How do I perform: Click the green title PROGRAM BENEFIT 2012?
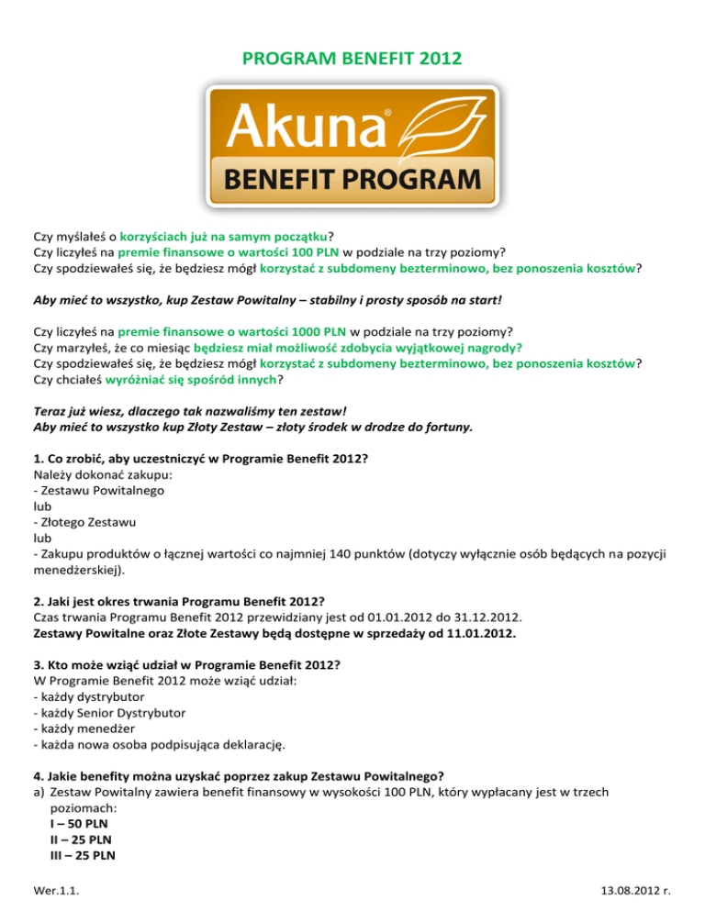[x=352, y=61]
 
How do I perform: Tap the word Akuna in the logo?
[x=294, y=126]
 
